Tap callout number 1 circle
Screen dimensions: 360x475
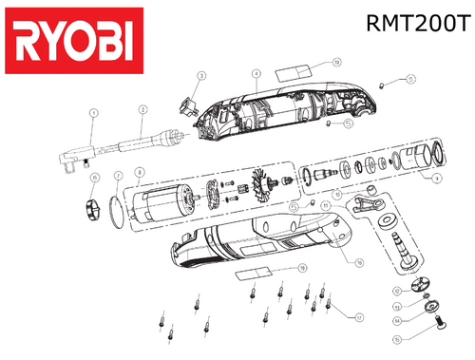pyautogui.click(x=94, y=113)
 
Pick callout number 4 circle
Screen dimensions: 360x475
pyautogui.click(x=256, y=72)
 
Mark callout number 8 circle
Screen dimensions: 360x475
pyautogui.click(x=140, y=172)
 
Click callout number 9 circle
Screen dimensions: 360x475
pyautogui.click(x=434, y=177)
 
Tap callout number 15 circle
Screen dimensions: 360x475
pyautogui.click(x=398, y=336)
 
